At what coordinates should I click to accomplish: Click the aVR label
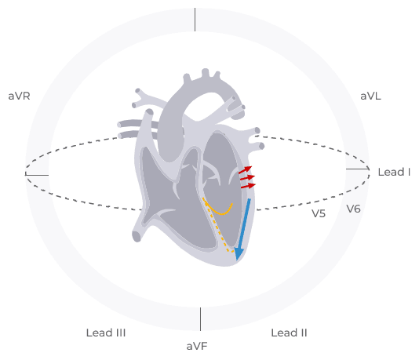tap(19, 96)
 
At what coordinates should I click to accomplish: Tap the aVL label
tap(370, 96)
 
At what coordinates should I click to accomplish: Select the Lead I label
tap(394, 172)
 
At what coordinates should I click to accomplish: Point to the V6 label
tap(354, 209)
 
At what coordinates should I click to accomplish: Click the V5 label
tap(319, 213)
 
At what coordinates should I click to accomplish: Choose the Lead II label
tap(289, 333)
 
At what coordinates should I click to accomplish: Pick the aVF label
tap(197, 347)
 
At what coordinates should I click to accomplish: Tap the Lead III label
tap(106, 333)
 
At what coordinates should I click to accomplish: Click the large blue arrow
tap(242, 229)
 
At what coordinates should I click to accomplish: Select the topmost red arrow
tap(246, 170)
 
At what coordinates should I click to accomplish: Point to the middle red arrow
tap(247, 178)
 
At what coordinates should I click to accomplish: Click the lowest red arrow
tap(248, 186)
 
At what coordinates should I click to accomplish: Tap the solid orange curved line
tap(218, 212)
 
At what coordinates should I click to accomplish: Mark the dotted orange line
tap(219, 227)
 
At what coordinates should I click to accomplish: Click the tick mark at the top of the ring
tap(195, 20)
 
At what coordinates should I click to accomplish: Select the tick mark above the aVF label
tap(200, 319)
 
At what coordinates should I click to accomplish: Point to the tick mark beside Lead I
tap(358, 169)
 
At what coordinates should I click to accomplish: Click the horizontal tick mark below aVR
tap(37, 175)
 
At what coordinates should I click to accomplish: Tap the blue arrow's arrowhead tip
tap(237, 260)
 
